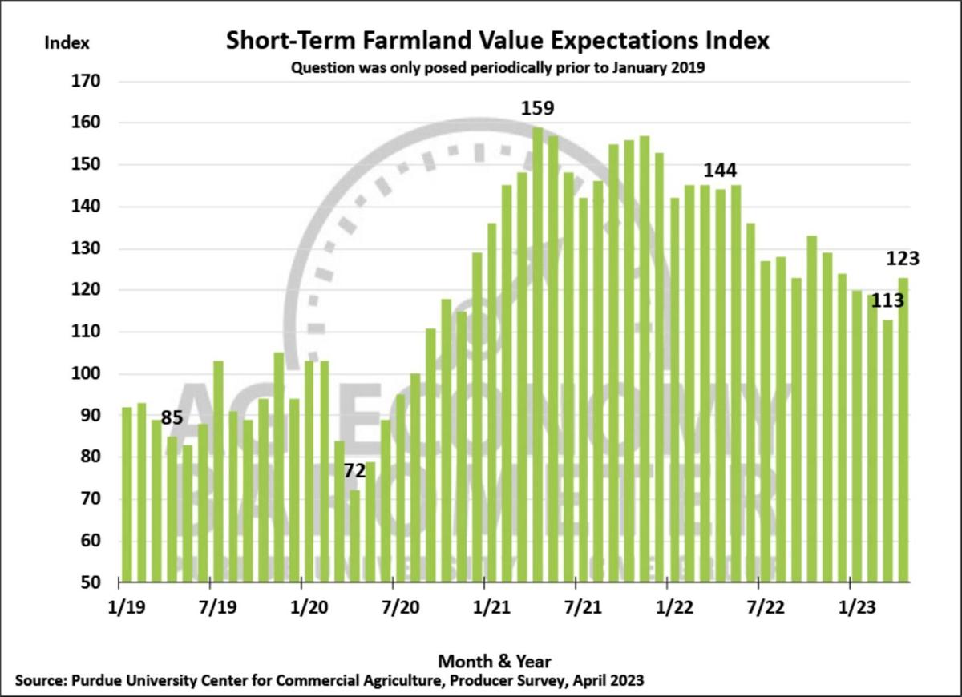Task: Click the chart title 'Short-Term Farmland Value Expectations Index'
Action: coord(497,40)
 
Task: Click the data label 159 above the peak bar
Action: coord(537,108)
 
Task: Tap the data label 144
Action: coord(720,171)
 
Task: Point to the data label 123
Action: coord(903,259)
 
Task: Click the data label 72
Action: coord(355,471)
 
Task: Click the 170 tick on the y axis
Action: coord(85,82)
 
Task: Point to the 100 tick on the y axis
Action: coord(85,374)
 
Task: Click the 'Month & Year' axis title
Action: coord(495,661)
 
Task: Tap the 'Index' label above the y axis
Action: coord(67,42)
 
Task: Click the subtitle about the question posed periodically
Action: coord(497,68)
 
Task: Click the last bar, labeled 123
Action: coord(903,429)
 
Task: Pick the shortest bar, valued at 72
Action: coord(354,535)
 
